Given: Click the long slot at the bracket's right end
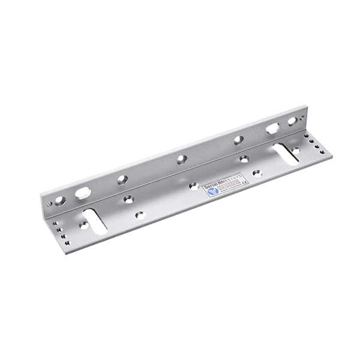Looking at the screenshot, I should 287,154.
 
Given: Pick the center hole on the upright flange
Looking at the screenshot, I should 181,159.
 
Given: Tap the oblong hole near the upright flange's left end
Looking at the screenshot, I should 83,193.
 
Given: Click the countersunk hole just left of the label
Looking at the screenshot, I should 194,186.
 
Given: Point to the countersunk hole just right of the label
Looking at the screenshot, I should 256,173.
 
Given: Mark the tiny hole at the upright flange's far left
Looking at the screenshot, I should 50,203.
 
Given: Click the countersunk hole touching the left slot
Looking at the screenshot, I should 83,226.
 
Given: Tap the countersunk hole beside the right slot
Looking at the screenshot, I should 295,149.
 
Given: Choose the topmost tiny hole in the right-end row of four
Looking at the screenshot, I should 305,136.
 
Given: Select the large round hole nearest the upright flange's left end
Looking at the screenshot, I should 61,200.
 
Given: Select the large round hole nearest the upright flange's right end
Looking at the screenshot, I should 292,122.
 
